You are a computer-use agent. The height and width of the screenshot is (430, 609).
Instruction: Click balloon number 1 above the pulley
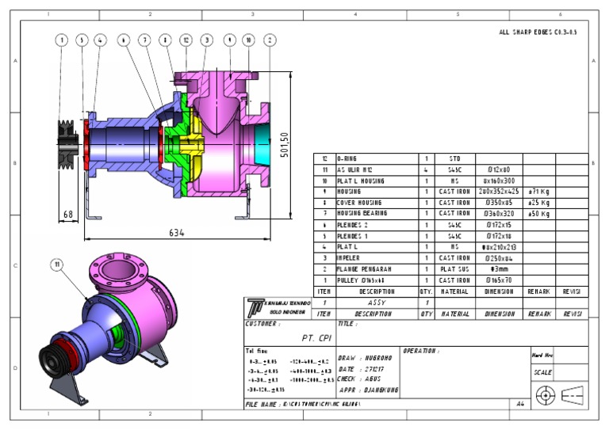(62, 40)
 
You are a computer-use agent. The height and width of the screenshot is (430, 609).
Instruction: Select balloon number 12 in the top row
(186, 40)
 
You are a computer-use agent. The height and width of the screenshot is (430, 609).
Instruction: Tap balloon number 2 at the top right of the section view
(270, 40)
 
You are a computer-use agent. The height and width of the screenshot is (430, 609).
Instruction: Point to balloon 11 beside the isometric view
(57, 264)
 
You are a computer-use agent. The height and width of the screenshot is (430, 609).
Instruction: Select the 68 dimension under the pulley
(69, 215)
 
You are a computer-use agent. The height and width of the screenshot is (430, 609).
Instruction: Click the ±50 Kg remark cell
(538, 214)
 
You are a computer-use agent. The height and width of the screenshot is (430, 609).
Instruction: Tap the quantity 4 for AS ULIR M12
(427, 169)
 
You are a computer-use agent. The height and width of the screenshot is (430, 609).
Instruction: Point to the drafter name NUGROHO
(381, 358)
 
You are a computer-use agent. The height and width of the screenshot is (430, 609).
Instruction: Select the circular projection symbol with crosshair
(544, 393)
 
